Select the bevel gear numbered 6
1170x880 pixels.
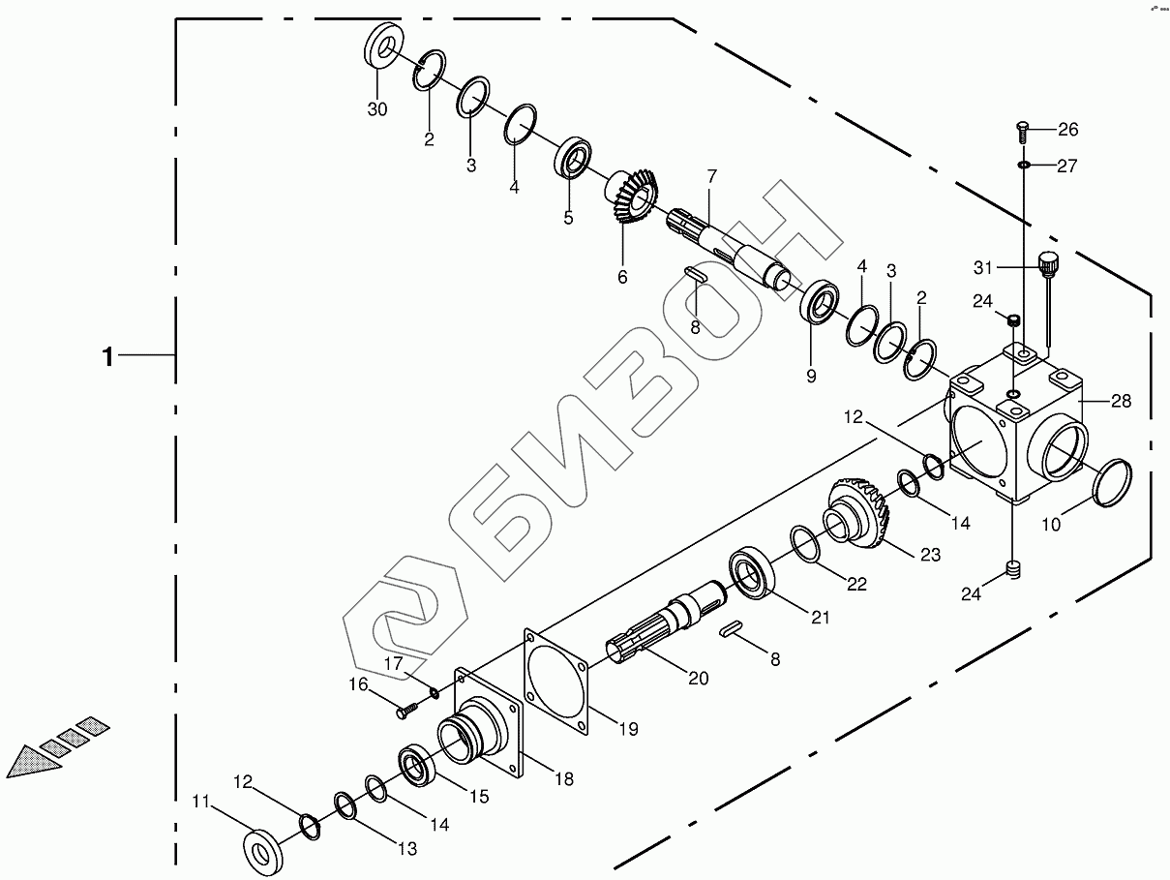pos(634,197)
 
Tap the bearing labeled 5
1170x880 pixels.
pos(574,158)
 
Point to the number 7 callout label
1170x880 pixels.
pos(711,176)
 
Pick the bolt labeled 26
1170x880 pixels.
pos(1024,130)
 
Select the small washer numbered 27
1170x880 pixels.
pos(1024,167)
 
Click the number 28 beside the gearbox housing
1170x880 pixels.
pos(1121,401)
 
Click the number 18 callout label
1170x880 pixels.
pos(563,778)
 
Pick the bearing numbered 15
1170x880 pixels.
pos(419,762)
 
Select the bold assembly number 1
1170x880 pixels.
pos(108,357)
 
